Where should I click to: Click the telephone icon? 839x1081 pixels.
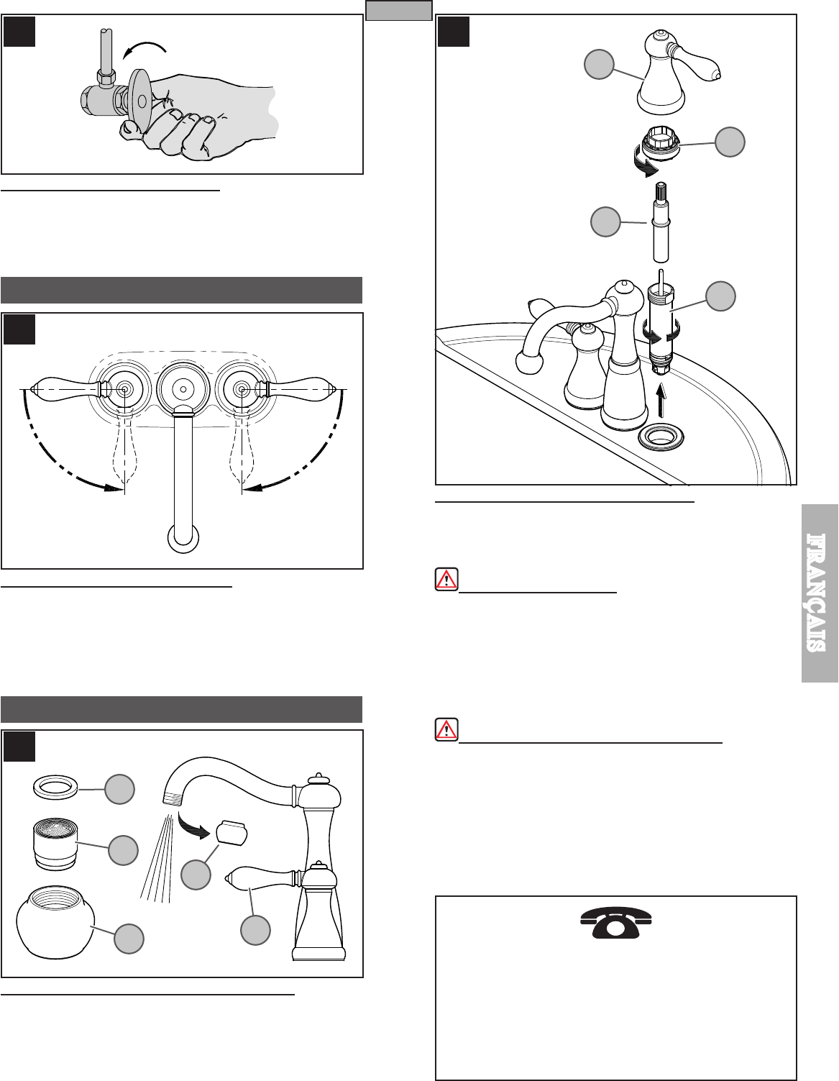pos(615,923)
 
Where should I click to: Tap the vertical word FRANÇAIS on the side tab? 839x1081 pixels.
pos(820,592)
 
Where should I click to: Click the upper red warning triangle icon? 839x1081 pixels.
pos(446,580)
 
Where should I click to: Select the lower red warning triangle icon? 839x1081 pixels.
pos(446,729)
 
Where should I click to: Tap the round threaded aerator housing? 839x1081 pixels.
pos(56,921)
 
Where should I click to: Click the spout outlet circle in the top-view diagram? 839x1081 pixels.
pos(183,537)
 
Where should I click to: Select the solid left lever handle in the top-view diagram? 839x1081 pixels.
pos(69,389)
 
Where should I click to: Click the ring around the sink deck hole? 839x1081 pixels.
pos(659,437)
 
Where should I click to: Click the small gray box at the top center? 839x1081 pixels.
pos(398,11)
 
